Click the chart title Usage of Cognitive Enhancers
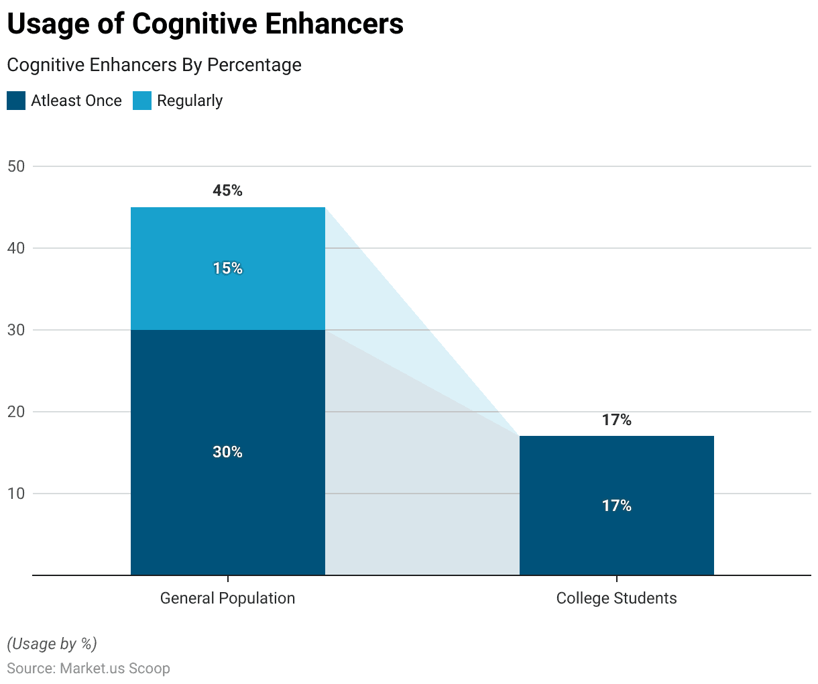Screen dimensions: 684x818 click(205, 24)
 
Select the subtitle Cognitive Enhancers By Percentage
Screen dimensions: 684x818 click(154, 65)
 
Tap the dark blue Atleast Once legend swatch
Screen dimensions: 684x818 click(16, 101)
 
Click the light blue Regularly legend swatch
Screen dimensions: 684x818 click(142, 101)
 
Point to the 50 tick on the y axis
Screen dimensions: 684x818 click(16, 166)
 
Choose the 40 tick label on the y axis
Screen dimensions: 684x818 click(16, 248)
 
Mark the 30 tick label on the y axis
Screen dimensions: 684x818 click(16, 330)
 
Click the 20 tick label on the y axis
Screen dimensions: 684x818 click(16, 412)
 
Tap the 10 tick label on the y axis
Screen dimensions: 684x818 click(16, 494)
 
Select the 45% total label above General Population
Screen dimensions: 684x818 click(227, 190)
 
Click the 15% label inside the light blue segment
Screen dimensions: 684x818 click(227, 268)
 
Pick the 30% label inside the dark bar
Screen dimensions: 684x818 click(227, 452)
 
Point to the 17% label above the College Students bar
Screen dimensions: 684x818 click(616, 420)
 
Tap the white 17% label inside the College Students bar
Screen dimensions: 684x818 click(616, 506)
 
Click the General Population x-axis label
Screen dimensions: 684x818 click(227, 598)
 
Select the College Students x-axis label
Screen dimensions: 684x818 click(616, 598)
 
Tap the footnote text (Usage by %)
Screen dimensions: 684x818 click(52, 644)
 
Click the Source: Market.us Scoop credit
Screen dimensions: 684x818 click(89, 669)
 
